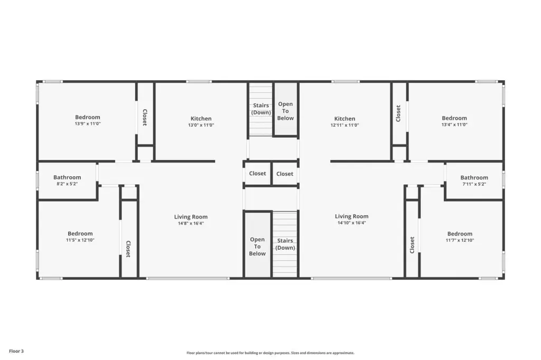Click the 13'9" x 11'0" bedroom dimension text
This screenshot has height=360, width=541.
pyautogui.click(x=88, y=124)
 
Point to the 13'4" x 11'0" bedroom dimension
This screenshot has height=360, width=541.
pyautogui.click(x=454, y=125)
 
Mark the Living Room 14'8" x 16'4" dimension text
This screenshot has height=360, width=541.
pyautogui.click(x=191, y=223)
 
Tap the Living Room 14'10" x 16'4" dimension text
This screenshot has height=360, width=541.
pyautogui.click(x=351, y=223)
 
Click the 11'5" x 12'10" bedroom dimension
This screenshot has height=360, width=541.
pyautogui.click(x=80, y=240)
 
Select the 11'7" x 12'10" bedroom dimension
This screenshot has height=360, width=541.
pyautogui.click(x=460, y=240)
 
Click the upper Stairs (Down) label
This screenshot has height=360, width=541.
pyautogui.click(x=261, y=109)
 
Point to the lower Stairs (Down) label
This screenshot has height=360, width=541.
pyautogui.click(x=285, y=244)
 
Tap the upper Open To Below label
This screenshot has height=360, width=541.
pyautogui.click(x=285, y=111)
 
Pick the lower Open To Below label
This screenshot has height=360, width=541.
pyautogui.click(x=257, y=247)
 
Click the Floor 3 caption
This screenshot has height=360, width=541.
pyautogui.click(x=16, y=351)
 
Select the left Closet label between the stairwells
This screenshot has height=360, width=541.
pyautogui.click(x=257, y=174)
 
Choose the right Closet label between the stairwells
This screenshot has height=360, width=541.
pyautogui.click(x=285, y=174)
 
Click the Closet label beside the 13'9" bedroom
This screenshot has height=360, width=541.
pyautogui.click(x=145, y=117)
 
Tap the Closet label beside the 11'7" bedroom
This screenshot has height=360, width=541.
pyautogui.click(x=412, y=245)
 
